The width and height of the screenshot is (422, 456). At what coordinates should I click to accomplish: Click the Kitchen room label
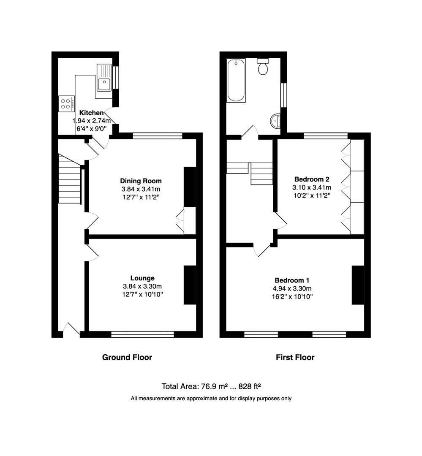(91, 113)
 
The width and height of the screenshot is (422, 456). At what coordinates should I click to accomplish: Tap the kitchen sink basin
(104, 84)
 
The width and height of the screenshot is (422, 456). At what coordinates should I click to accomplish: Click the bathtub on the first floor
(236, 80)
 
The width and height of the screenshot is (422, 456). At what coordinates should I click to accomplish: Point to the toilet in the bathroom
(263, 66)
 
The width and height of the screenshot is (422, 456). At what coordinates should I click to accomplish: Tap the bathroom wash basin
(275, 121)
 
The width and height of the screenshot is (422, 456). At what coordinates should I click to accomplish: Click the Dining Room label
(141, 181)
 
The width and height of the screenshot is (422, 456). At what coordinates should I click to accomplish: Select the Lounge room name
(142, 278)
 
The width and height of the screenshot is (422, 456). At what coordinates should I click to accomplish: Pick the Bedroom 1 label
(292, 280)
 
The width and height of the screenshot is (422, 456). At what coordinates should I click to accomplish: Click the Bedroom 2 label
(312, 179)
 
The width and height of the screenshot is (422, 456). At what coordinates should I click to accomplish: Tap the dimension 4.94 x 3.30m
(292, 288)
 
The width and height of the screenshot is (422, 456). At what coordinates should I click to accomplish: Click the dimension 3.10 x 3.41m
(312, 187)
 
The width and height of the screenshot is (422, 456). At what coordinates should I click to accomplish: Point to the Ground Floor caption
(127, 357)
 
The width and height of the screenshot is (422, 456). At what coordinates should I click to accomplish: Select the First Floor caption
(295, 357)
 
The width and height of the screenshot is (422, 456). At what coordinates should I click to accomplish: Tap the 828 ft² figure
(249, 386)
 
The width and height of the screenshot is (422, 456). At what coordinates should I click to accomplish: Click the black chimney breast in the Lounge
(190, 285)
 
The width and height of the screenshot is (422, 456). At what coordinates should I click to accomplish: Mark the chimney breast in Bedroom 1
(358, 285)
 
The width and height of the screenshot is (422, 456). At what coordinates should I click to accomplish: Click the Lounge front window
(142, 334)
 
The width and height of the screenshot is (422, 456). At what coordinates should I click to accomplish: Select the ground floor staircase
(69, 179)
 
